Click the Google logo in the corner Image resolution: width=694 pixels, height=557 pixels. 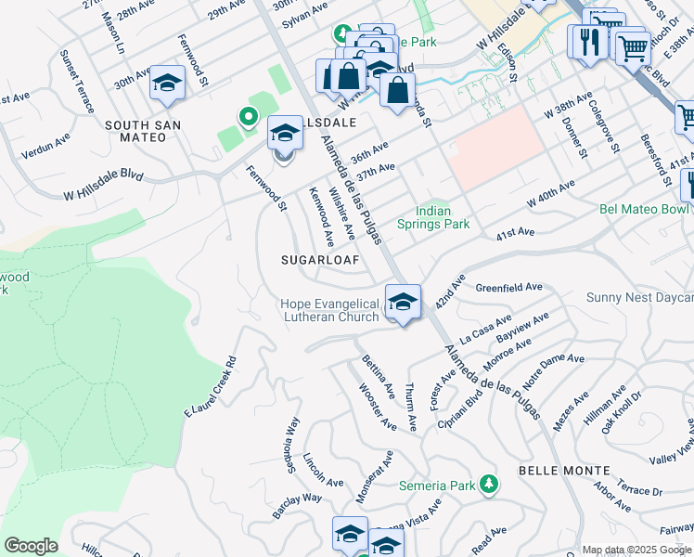pyautogui.click(x=31, y=546)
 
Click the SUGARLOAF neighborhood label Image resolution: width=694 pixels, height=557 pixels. pyautogui.click(x=320, y=261)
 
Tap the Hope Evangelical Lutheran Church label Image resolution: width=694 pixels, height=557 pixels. pyautogui.click(x=331, y=310)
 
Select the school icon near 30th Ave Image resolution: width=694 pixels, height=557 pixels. pyautogui.click(x=168, y=84)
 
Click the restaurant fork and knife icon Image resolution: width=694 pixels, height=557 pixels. pyautogui.click(x=587, y=42)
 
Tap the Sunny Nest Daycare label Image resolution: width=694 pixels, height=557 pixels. pyautogui.click(x=640, y=297)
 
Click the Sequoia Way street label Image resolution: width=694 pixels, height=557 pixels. pyautogui.click(x=290, y=446)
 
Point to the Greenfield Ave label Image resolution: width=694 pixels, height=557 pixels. pyautogui.click(x=508, y=288)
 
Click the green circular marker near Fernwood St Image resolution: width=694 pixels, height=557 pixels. pyautogui.click(x=248, y=117)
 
